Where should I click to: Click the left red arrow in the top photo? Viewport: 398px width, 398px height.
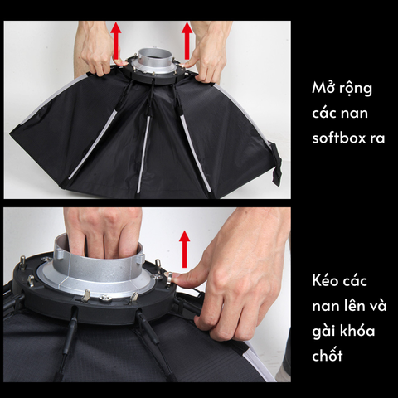pyautogui.click(x=116, y=38)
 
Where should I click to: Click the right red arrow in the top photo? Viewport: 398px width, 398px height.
pyautogui.click(x=187, y=38)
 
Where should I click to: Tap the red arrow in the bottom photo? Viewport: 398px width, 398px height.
pyautogui.click(x=184, y=248)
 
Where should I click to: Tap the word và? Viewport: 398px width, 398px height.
pyautogui.click(x=376, y=307)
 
